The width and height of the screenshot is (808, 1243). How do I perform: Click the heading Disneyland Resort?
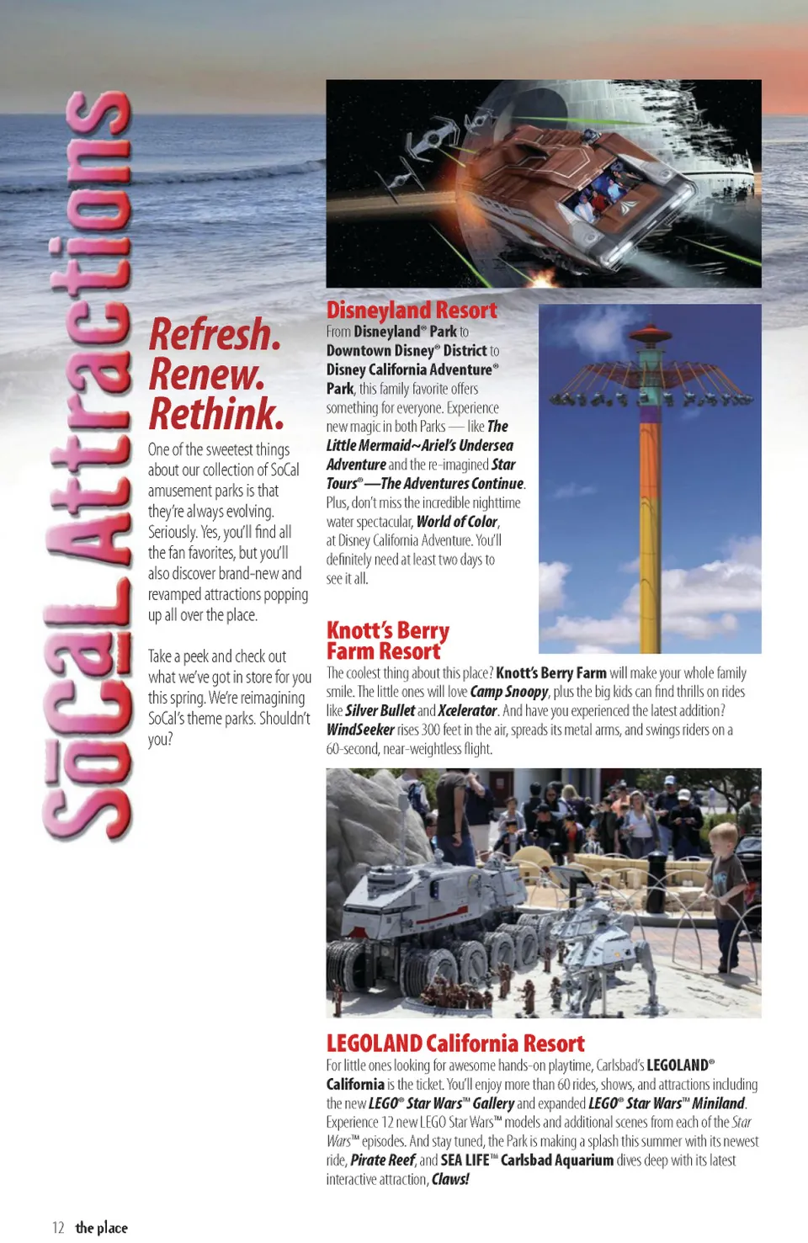[412, 311]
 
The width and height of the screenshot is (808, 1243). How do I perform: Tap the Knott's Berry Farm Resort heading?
[387, 640]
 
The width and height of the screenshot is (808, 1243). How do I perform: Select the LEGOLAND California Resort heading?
[455, 1044]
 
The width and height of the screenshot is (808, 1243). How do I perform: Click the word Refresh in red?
[215, 335]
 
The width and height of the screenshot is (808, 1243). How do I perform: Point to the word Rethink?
[216, 414]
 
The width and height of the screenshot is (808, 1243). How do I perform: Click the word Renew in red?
[206, 374]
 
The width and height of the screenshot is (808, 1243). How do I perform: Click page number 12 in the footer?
[58, 1228]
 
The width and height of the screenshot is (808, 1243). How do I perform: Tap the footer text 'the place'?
[102, 1228]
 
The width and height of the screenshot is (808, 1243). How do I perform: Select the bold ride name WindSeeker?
[360, 730]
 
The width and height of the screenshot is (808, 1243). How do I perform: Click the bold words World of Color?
[457, 522]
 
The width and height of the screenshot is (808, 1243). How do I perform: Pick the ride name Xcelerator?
[467, 711]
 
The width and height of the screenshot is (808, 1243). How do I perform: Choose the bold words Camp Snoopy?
[508, 692]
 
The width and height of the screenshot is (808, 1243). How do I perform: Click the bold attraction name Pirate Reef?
[383, 1160]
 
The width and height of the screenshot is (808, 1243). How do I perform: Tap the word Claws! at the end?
[450, 1179]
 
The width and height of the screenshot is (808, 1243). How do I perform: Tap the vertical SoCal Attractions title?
[88, 463]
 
